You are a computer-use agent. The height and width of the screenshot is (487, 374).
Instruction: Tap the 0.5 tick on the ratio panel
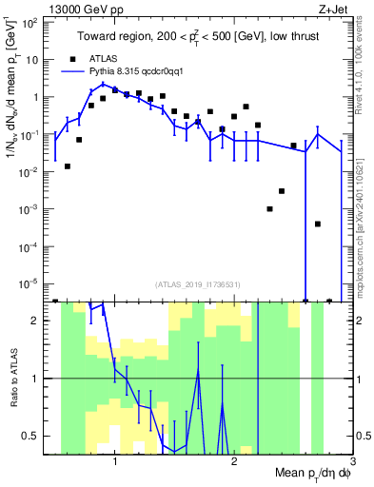pyautogui.click(x=37, y=436)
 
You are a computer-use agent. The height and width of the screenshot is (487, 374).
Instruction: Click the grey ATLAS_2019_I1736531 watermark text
pyautogui.click(x=197, y=284)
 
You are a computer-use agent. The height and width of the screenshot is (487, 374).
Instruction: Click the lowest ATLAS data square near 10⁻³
pyautogui.click(x=269, y=208)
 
